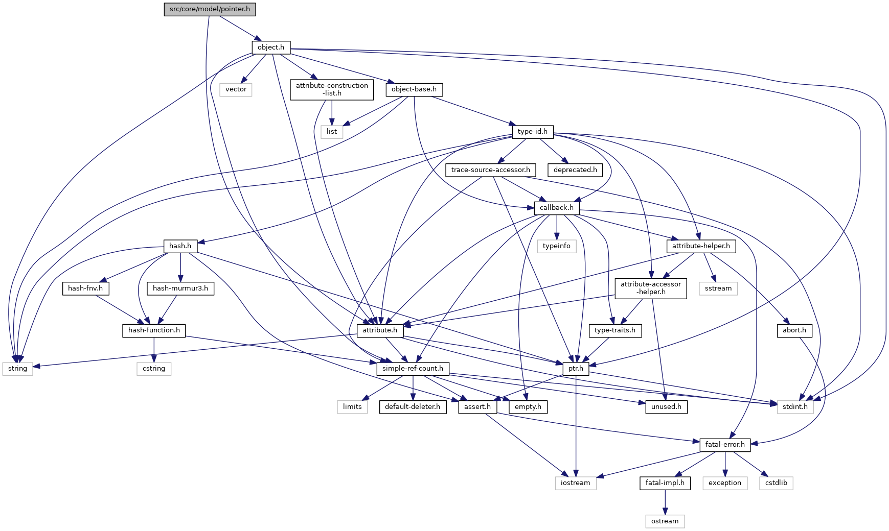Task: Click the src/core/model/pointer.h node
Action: [x=210, y=9]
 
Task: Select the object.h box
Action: [x=270, y=47]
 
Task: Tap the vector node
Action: [x=236, y=89]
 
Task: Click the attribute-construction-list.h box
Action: [x=332, y=89]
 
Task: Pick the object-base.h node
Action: [x=414, y=89]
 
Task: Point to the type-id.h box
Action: [x=532, y=132]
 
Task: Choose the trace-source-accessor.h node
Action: [x=490, y=170]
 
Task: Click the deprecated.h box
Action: [x=575, y=170]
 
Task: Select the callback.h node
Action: [x=556, y=208]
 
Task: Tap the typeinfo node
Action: [x=556, y=246]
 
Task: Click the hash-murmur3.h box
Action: [x=180, y=288]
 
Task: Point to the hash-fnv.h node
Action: [x=85, y=288]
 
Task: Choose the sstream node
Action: [x=718, y=288]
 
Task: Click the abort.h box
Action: [x=794, y=330]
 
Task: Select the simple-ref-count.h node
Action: [x=413, y=369]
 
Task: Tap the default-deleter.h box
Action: [x=413, y=407]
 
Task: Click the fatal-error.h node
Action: [x=725, y=445]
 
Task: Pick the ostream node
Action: [x=665, y=521]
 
